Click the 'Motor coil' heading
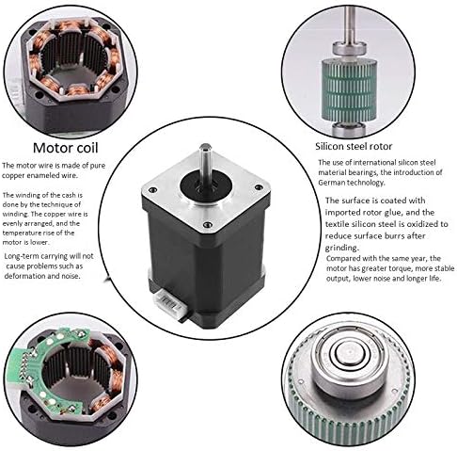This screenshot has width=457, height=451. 66,148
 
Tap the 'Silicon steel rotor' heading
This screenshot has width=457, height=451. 354,146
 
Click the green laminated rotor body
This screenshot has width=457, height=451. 349,90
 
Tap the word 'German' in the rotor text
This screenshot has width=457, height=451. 332,183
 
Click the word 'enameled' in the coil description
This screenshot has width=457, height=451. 42,175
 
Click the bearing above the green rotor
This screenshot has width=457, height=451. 349,50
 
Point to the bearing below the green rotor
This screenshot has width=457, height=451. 349,129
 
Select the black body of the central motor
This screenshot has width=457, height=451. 207,266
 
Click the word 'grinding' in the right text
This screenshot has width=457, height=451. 341,248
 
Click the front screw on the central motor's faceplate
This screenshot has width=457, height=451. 207,224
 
